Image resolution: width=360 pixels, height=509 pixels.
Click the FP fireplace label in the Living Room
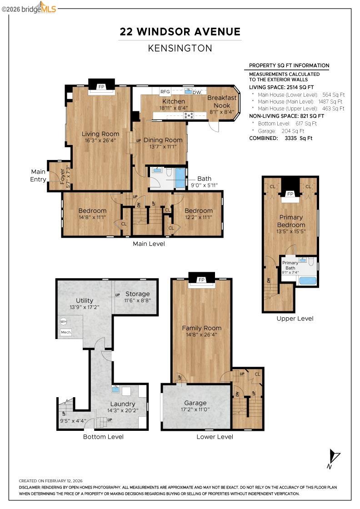pos(101,86)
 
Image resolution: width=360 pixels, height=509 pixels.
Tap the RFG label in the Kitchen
pos(165,92)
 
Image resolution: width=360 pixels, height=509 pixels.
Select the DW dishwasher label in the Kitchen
pos(197,93)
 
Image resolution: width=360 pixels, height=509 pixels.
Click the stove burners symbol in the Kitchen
pos(188,115)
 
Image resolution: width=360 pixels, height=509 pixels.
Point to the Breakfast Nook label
pos(222,101)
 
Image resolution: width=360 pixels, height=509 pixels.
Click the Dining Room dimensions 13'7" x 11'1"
pos(160,146)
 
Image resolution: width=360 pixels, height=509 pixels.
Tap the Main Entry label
pos(38,175)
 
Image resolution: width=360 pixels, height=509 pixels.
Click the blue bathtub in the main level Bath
pos(180,178)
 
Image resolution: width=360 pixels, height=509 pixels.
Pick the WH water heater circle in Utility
pos(63,321)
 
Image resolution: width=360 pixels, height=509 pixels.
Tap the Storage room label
pos(138,294)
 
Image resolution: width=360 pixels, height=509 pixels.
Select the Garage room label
pos(195,403)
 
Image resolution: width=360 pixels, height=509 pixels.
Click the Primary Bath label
pos(290,265)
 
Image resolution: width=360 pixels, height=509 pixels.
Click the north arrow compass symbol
pos(333,456)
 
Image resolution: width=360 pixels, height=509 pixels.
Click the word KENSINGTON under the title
pos(180,48)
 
